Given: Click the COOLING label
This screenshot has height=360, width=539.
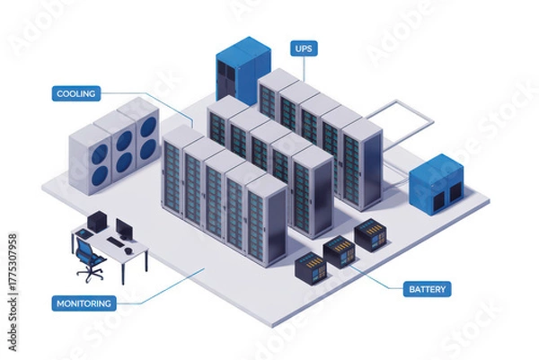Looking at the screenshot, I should point(76,92).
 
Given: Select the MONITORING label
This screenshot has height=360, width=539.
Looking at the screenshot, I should point(84,303).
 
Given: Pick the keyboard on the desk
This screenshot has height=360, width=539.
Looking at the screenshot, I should point(116,241).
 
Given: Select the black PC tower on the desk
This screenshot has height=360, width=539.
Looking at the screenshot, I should point(97,222).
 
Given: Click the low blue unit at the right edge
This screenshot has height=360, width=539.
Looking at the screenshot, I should point(436,184).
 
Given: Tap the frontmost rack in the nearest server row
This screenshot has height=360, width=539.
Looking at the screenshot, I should point(266,220).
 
